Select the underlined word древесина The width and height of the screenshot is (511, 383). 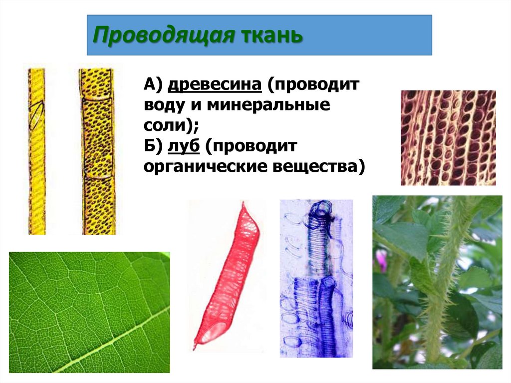pyautogui.click(x=215, y=85)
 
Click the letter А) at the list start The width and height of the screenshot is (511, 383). pyautogui.click(x=152, y=85)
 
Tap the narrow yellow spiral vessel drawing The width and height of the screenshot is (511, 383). pyautogui.click(x=36, y=150)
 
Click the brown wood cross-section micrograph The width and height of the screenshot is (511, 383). pyautogui.click(x=448, y=138)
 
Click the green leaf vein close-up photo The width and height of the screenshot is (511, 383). pyautogui.click(x=89, y=312)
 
